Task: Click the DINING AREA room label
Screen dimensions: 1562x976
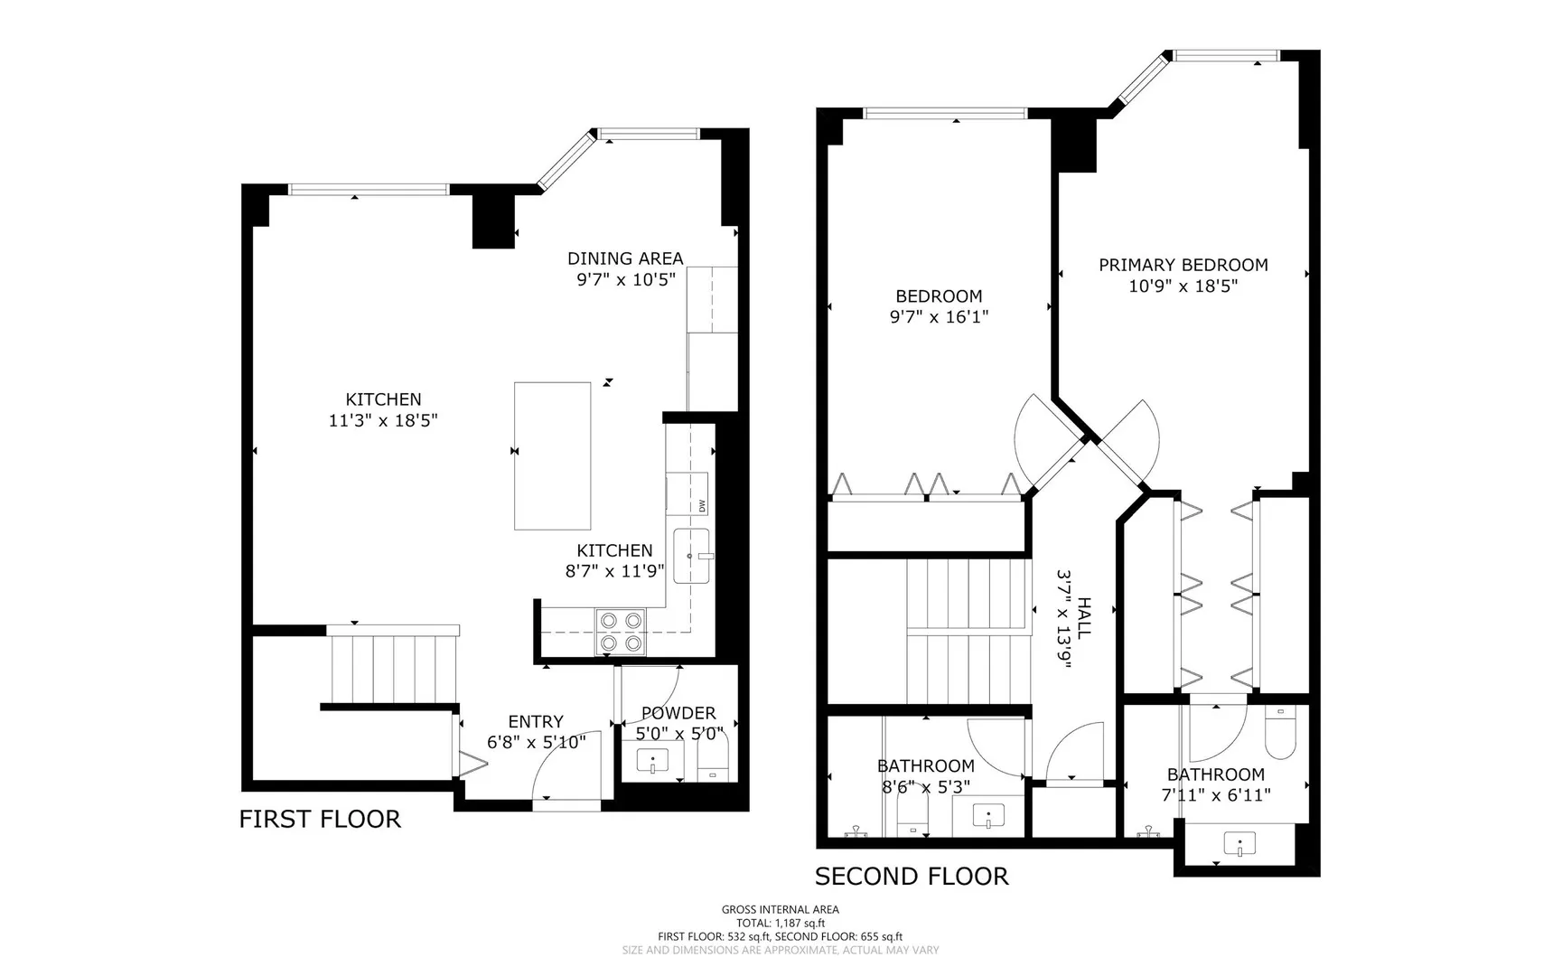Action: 625,258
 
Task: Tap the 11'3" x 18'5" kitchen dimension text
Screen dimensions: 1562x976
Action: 383,420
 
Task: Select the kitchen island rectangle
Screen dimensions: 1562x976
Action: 553,455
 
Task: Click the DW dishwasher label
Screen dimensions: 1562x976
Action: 702,505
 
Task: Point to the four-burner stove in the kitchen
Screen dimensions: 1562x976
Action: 621,632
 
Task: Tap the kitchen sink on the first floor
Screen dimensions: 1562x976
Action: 693,557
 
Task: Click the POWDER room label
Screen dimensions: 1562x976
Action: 678,713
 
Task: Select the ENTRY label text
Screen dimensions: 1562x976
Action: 536,721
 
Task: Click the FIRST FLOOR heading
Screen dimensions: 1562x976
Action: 320,819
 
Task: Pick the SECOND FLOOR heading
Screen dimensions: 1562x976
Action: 912,876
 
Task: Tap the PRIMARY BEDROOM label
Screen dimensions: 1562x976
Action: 1183,265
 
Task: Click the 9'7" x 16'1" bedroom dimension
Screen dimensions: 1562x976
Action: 939,316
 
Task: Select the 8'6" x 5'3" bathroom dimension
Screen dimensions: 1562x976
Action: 926,786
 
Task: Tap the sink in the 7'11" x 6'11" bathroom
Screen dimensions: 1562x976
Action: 1239,845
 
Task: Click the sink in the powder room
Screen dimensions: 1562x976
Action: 652,761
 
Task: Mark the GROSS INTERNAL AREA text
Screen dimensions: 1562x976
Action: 781,909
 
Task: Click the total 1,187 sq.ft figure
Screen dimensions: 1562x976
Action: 781,923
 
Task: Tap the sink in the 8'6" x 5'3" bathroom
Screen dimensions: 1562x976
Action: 989,816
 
